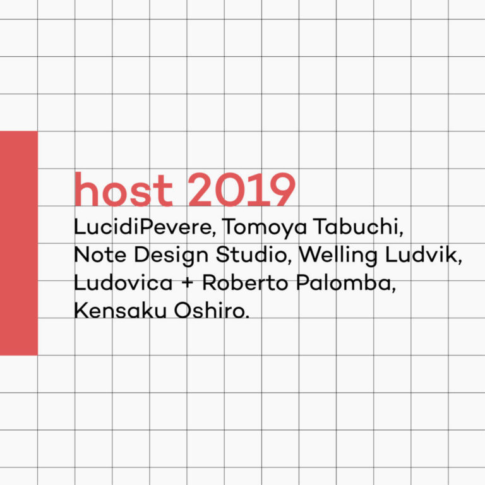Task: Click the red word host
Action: [123, 189]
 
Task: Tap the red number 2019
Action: [242, 189]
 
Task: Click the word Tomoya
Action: [264, 227]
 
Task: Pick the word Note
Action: [100, 255]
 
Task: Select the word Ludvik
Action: [424, 255]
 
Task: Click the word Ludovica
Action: [123, 282]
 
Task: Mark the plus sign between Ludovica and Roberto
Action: [188, 283]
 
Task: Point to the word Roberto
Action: [245, 282]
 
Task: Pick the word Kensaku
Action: [121, 310]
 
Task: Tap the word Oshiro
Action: [212, 310]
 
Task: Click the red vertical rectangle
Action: [19, 243]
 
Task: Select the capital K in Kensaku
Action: [81, 310]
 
